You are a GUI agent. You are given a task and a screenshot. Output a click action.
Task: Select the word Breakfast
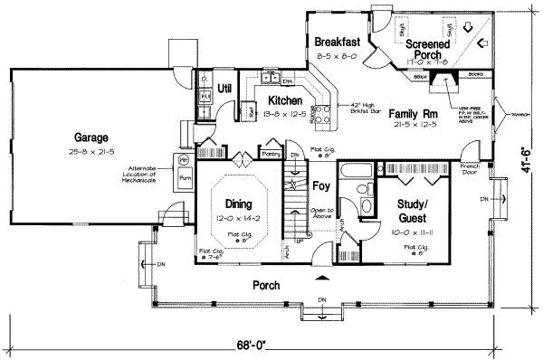click(x=338, y=43)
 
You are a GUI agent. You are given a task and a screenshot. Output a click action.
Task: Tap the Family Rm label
click(x=412, y=115)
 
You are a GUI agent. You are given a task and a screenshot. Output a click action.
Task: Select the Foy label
click(x=320, y=188)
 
